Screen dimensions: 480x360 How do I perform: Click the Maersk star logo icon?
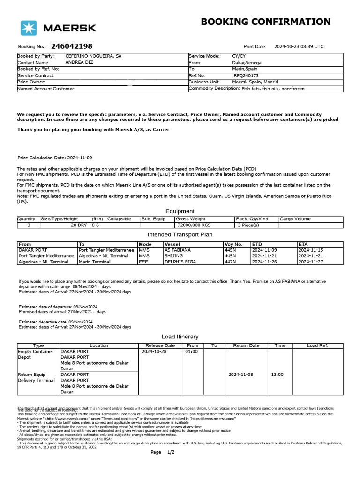coord(29,28)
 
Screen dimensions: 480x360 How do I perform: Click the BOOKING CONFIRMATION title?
coord(265,22)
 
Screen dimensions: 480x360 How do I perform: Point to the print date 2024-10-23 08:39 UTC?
coord(299,47)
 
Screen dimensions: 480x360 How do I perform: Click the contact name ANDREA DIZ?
coord(79,62)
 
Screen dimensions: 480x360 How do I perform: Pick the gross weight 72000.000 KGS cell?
coord(194,225)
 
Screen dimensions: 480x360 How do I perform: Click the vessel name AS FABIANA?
coord(178,250)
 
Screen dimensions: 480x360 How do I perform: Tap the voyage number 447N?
coord(231,262)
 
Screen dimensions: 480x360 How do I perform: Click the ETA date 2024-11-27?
coord(311,262)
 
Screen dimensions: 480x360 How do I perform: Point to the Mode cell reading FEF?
coord(143,262)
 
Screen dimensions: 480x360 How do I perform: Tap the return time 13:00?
coord(277,375)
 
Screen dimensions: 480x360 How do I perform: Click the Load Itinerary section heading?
coord(180,337)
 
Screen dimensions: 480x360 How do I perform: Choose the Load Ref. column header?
coord(317,345)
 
